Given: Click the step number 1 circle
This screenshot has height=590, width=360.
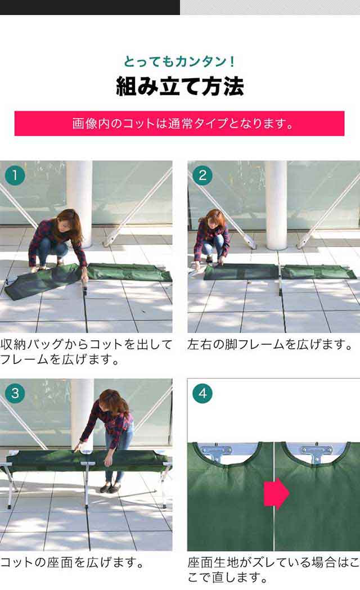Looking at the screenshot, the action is pyautogui.click(x=15, y=175).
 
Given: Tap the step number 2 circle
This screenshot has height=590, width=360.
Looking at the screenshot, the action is pyautogui.click(x=202, y=175).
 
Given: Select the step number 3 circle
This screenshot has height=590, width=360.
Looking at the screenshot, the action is pyautogui.click(x=15, y=393).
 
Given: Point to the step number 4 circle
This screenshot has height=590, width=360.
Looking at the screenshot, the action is pyautogui.click(x=202, y=393).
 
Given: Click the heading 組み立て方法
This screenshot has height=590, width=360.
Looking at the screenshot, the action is pyautogui.click(x=180, y=86).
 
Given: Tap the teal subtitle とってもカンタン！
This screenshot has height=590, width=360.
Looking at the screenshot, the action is pyautogui.click(x=180, y=61).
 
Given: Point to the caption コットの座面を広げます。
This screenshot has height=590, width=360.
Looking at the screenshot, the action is pyautogui.click(x=72, y=562).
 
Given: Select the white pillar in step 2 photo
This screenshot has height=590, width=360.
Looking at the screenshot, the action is pyautogui.click(x=276, y=205).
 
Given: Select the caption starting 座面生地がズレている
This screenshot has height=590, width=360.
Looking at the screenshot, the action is pyautogui.click(x=273, y=570).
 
